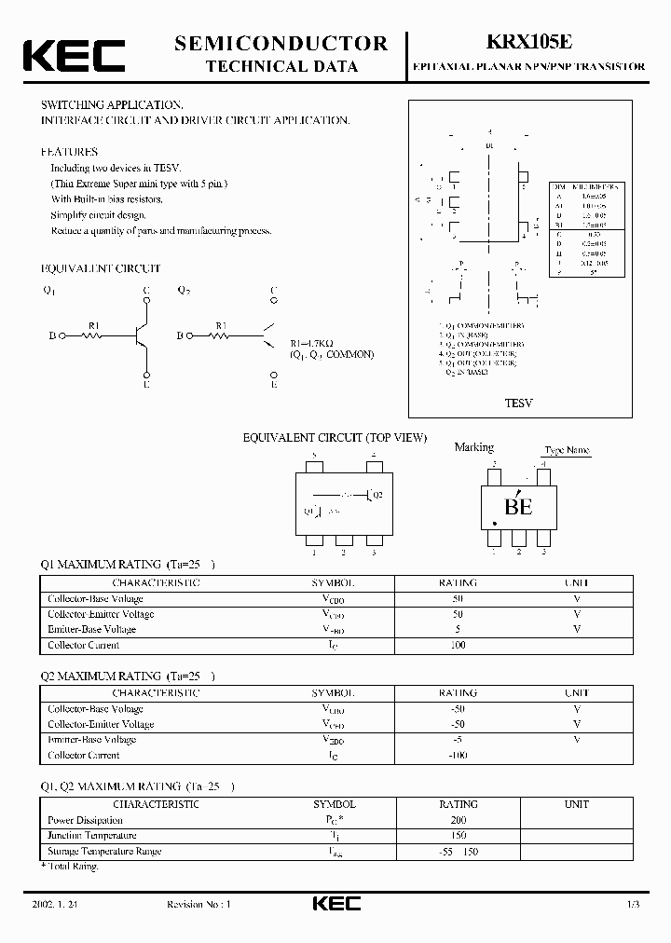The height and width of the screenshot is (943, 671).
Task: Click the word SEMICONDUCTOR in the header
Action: pos(281,43)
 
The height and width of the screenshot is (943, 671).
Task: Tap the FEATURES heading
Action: pos(69,151)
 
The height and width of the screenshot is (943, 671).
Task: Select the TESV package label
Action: pos(517,404)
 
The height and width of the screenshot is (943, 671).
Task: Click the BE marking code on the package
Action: pos(518,507)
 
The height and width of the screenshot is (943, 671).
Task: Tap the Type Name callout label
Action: pos(568,450)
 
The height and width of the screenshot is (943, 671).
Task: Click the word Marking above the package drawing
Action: pos(473,447)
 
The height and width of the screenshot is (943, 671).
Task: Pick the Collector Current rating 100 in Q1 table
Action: pos(458,645)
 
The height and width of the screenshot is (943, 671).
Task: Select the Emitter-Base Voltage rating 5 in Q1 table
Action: pos(458,629)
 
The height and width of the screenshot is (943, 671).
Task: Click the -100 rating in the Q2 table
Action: pos(457,755)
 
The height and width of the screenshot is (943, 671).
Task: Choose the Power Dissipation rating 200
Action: pos(458,820)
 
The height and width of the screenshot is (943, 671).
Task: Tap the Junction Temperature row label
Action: pos(92,836)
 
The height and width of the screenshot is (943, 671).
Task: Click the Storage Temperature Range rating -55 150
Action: pos(458,852)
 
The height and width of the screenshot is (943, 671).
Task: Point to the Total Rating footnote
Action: pos(70,867)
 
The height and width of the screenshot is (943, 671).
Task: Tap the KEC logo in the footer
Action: pos(335,904)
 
